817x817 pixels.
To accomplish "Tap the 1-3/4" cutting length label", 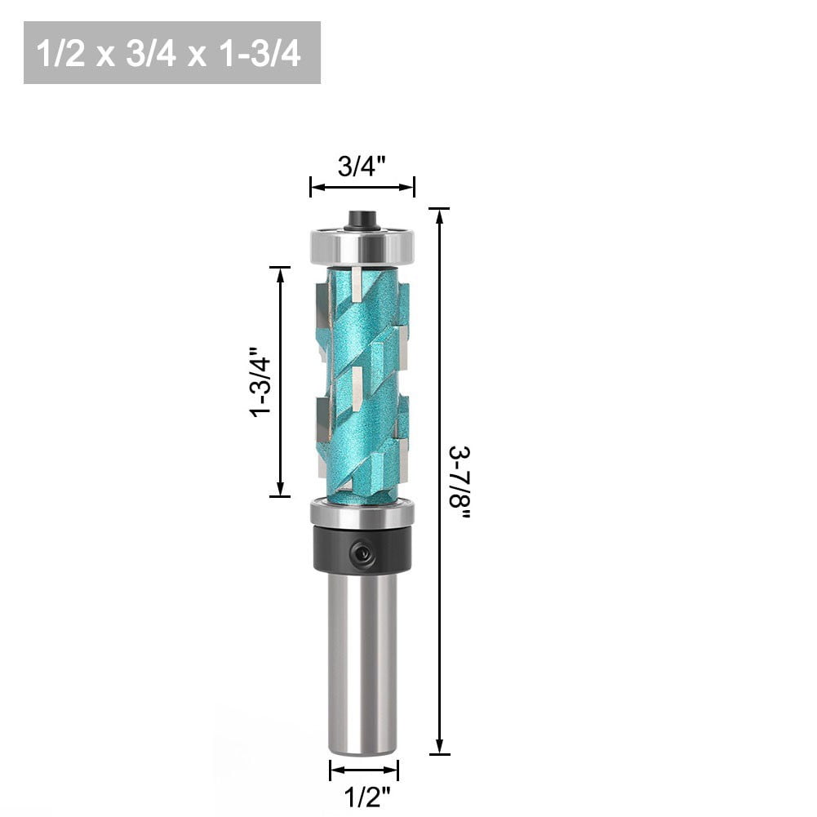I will point(260,381).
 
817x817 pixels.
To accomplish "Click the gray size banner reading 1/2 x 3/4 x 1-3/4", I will point(172,53).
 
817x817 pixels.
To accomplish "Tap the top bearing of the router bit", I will point(362,244).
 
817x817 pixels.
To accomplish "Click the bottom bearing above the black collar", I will point(362,515).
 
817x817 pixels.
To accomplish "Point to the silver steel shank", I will point(363,661).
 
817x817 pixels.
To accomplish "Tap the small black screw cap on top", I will point(362,220).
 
